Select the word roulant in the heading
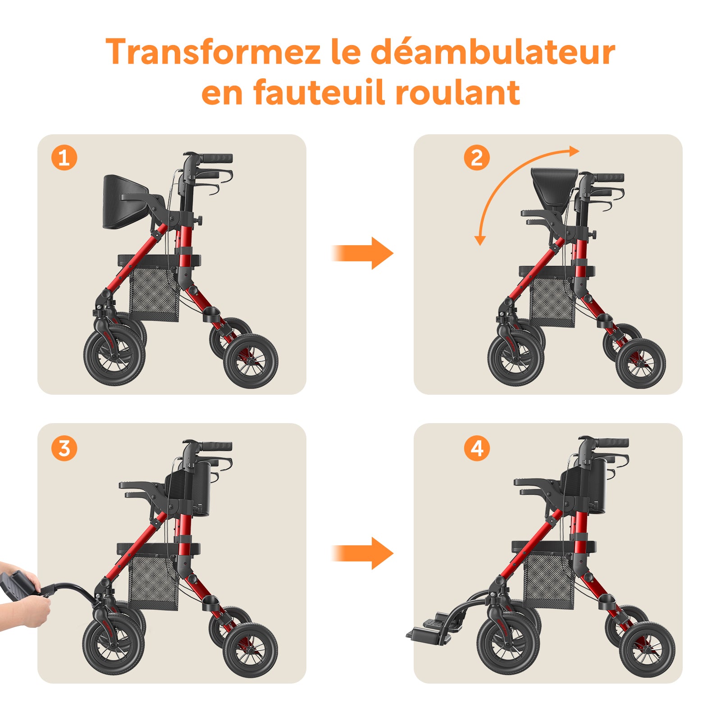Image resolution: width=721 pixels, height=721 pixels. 457,92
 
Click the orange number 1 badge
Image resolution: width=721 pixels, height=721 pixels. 64,158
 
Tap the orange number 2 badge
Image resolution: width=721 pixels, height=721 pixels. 477,158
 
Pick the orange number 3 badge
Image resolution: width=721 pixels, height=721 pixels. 64,448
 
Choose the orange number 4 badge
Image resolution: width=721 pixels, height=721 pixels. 477,448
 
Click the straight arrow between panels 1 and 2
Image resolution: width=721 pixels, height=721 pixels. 362,253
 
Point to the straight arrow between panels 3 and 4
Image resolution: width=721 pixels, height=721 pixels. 362,553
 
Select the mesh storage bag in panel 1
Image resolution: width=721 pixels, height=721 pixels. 154,293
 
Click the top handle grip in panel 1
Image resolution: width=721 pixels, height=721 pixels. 215,158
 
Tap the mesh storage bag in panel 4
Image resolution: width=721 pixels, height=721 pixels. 549,582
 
